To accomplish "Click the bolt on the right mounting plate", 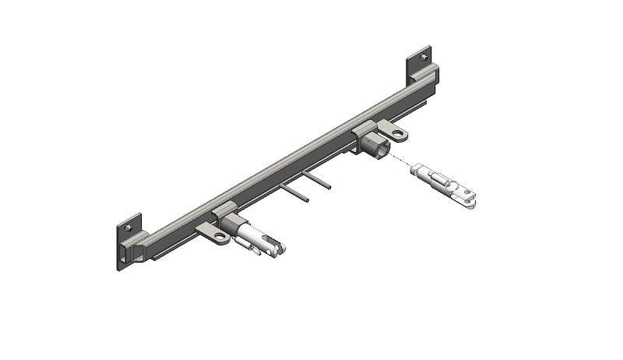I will pyautogui.click(x=424, y=57).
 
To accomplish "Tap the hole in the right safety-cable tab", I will pyautogui.click(x=399, y=135).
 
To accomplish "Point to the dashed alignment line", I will pyautogui.click(x=401, y=161).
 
